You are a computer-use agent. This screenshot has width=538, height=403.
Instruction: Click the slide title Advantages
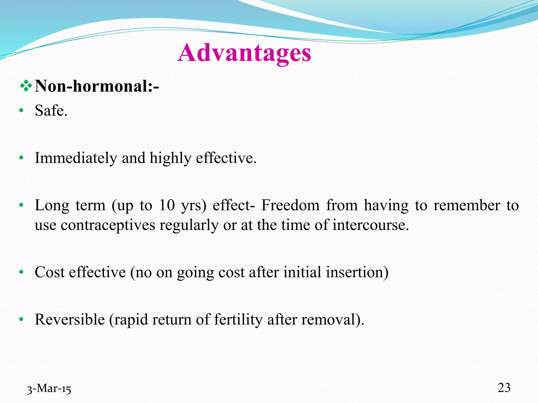[x=244, y=53]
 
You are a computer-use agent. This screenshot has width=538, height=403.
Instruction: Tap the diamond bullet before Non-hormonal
[x=26, y=86]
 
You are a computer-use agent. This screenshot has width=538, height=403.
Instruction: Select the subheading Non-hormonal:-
[x=97, y=86]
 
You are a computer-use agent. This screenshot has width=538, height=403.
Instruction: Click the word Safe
[x=51, y=110]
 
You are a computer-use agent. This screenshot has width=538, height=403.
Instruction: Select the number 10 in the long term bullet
[x=167, y=205]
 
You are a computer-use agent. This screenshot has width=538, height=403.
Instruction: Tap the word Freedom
[x=290, y=205]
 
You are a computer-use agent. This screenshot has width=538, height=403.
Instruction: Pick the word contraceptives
[x=108, y=225]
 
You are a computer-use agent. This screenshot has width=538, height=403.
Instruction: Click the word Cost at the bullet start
[x=50, y=272]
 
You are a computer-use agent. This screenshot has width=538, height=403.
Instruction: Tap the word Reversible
[x=70, y=320]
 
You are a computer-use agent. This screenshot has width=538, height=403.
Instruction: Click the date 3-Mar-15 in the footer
[x=49, y=389]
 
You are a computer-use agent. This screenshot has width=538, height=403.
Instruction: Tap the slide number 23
[x=504, y=388]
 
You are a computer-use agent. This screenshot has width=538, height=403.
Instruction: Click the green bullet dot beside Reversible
[x=22, y=320]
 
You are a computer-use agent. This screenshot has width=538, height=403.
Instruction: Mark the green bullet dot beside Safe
[x=22, y=111]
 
